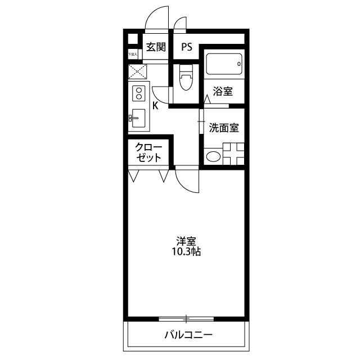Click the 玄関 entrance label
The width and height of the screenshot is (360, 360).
pyautogui.click(x=156, y=47)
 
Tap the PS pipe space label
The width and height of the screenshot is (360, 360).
pyautogui.click(x=186, y=47)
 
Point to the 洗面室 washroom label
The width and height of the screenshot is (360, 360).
pyautogui.click(x=224, y=128)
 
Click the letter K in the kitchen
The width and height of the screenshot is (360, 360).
pyautogui.click(x=156, y=104)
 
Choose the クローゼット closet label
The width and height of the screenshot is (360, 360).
pyautogui.click(x=148, y=152)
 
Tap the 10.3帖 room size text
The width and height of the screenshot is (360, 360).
pyautogui.click(x=186, y=251)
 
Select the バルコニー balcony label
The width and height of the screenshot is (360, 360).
pyautogui.click(x=188, y=335)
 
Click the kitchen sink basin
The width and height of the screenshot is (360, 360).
pyautogui.click(x=138, y=118)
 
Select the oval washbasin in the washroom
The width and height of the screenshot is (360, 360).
pyautogui.click(x=213, y=156)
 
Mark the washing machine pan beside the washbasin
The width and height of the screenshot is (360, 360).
pyautogui.click(x=233, y=153)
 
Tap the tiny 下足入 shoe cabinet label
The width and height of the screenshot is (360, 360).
pyautogui.click(x=132, y=55)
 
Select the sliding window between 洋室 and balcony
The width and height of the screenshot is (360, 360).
pyautogui.click(x=186, y=319)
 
